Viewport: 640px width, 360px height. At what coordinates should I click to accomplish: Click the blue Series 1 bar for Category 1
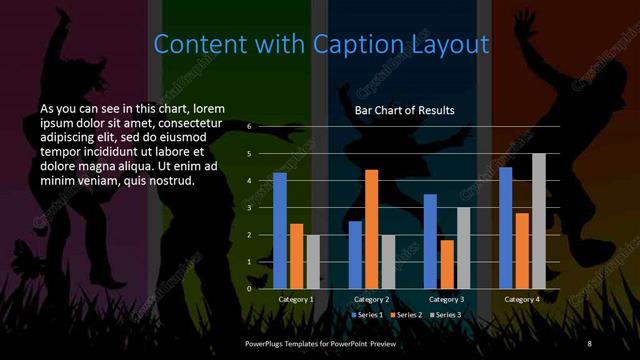tap(280, 231)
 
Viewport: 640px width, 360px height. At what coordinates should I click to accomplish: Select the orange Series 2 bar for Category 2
tap(372, 229)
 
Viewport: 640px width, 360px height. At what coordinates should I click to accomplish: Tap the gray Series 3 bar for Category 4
tap(539, 221)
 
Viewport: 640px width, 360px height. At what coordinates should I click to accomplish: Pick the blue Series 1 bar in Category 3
tap(430, 241)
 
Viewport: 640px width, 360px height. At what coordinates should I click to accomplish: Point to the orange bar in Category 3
tap(446, 264)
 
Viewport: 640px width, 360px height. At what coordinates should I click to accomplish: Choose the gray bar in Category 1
tap(313, 261)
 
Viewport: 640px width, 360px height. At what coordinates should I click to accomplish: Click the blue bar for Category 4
tap(506, 227)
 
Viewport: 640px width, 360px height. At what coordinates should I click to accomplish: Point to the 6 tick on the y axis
tap(250, 127)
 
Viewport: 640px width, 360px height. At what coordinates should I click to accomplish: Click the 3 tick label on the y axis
tap(250, 207)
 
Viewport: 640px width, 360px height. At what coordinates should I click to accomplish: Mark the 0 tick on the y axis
tap(250, 288)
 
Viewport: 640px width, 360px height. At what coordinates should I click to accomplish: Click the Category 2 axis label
tap(371, 299)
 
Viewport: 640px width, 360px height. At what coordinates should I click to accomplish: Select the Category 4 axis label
tap(522, 299)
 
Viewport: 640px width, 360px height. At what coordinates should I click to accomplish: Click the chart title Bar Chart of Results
tap(405, 109)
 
